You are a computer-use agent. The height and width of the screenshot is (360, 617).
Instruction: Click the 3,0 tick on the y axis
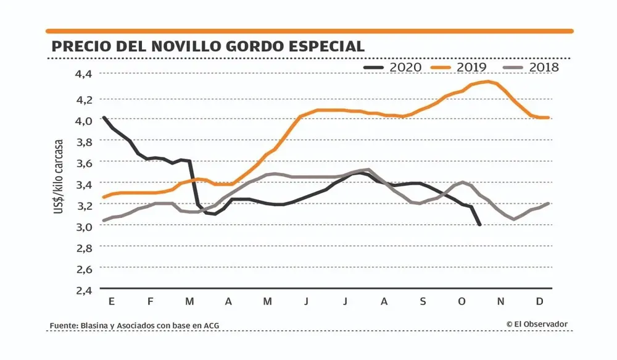83,226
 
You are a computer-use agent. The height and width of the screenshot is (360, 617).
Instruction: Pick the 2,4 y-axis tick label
83,290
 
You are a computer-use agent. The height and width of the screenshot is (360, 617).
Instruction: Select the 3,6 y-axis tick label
83,163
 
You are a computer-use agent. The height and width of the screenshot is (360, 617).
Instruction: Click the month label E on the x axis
111,302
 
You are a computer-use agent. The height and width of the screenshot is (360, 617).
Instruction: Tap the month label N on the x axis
501,302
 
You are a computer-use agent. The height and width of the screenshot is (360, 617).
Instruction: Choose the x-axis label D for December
539,302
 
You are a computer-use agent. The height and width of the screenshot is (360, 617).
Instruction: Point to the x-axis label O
462,302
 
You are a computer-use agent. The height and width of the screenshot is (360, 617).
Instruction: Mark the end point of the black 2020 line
480,225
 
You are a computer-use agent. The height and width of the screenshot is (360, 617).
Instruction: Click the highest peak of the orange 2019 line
489,82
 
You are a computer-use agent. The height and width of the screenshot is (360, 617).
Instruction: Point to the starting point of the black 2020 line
103,117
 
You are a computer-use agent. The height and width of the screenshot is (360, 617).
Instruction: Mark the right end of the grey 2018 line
548,203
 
